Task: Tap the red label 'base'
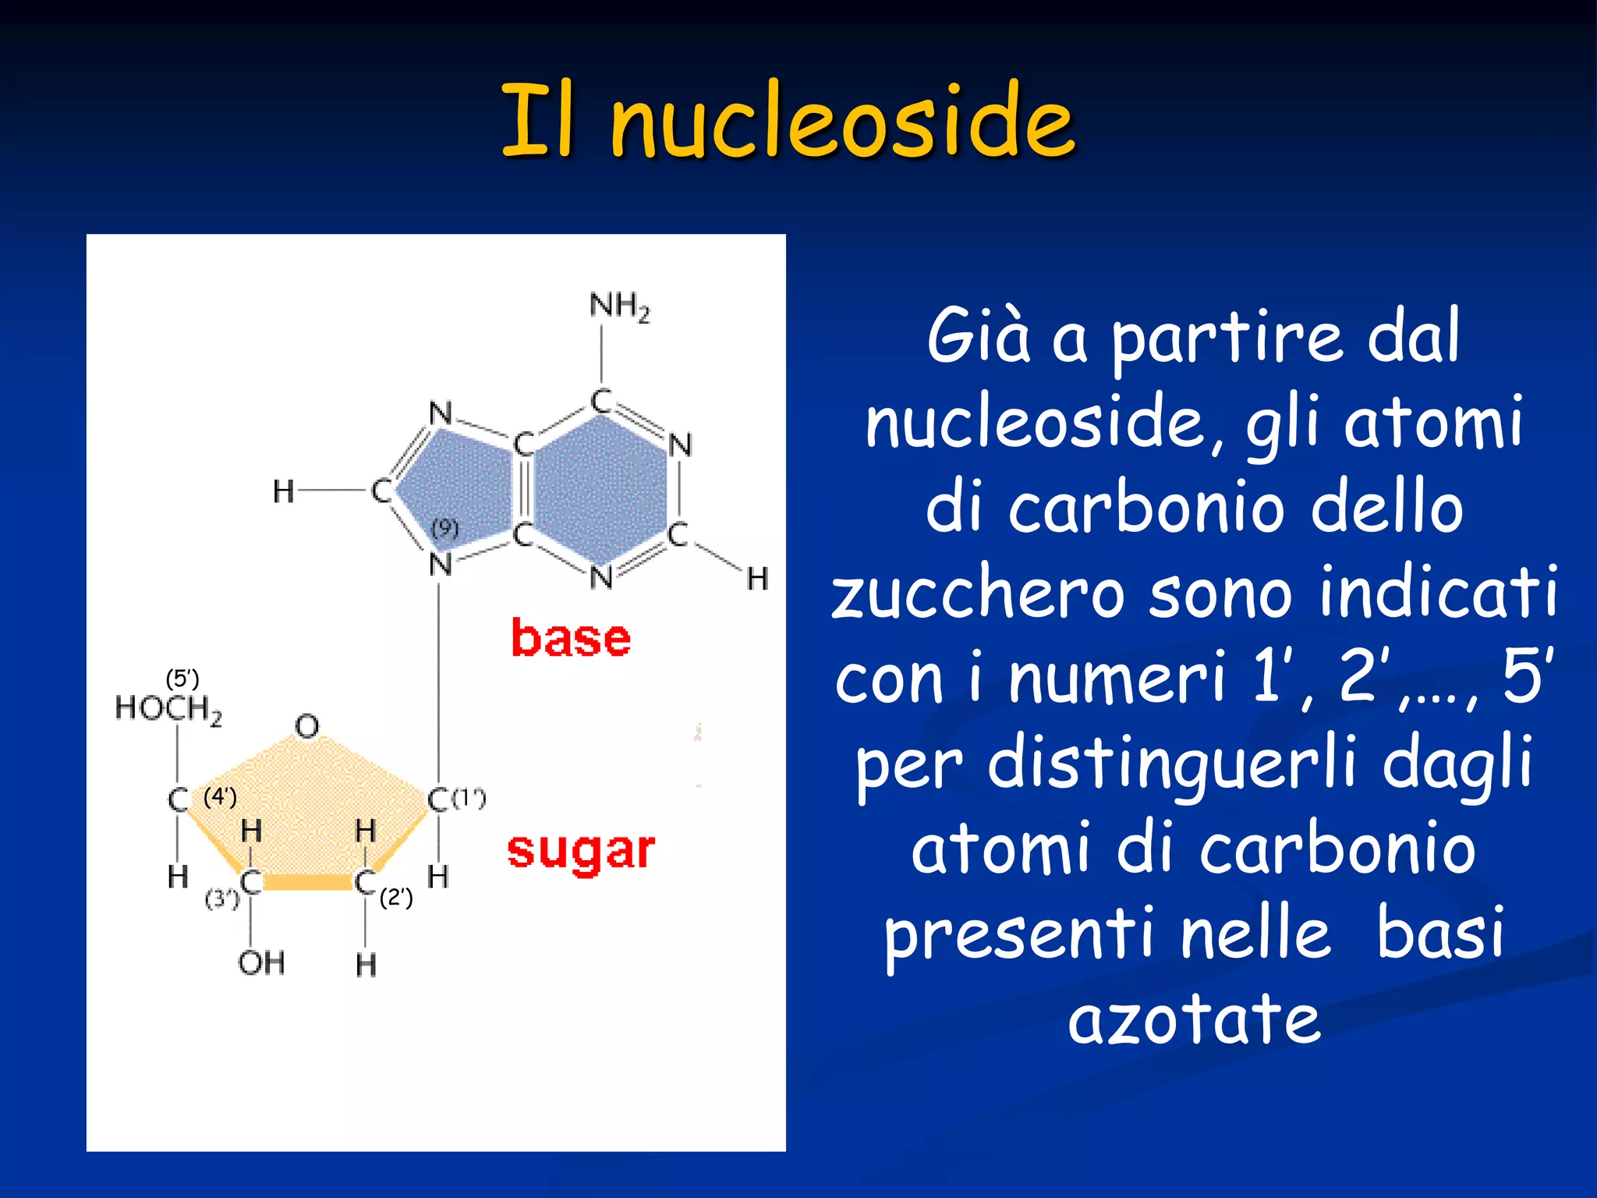[x=571, y=639]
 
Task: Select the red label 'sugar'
[x=581, y=851]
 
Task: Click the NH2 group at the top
[x=619, y=306]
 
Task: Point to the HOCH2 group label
[x=168, y=709]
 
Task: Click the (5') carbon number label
[x=182, y=679]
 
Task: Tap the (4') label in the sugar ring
[x=220, y=797]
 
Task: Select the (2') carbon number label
[x=396, y=898]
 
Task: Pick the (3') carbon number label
[x=221, y=899]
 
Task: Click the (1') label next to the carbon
[x=469, y=798]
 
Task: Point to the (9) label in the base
[x=444, y=528]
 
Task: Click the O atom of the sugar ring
[x=307, y=727]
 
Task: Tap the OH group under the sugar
[x=261, y=963]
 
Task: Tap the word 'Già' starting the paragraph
[x=978, y=337]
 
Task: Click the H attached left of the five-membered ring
[x=283, y=491]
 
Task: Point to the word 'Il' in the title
[x=538, y=121]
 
